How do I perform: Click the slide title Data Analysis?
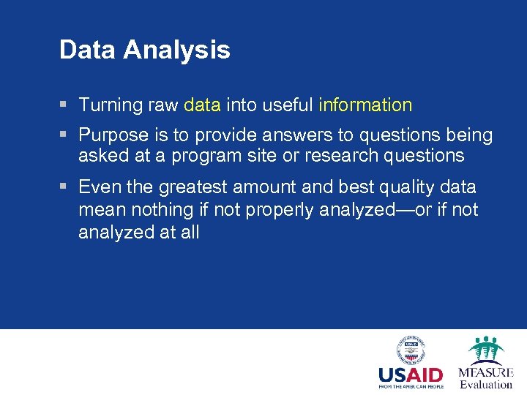pyautogui.click(x=144, y=50)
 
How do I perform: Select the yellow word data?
pyautogui.click(x=202, y=105)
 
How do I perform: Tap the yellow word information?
pyautogui.click(x=365, y=105)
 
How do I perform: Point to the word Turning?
pyautogui.click(x=110, y=105)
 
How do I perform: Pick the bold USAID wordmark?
pyautogui.click(x=410, y=375)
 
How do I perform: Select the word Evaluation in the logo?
pyautogui.click(x=486, y=385)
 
